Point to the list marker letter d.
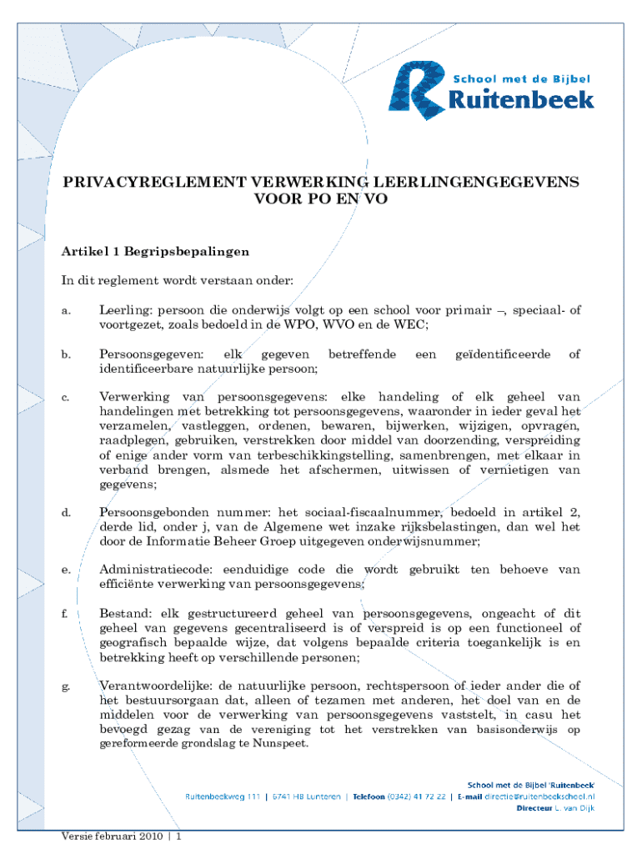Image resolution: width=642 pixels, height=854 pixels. (65, 512)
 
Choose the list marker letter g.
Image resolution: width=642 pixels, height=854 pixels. (65, 687)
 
